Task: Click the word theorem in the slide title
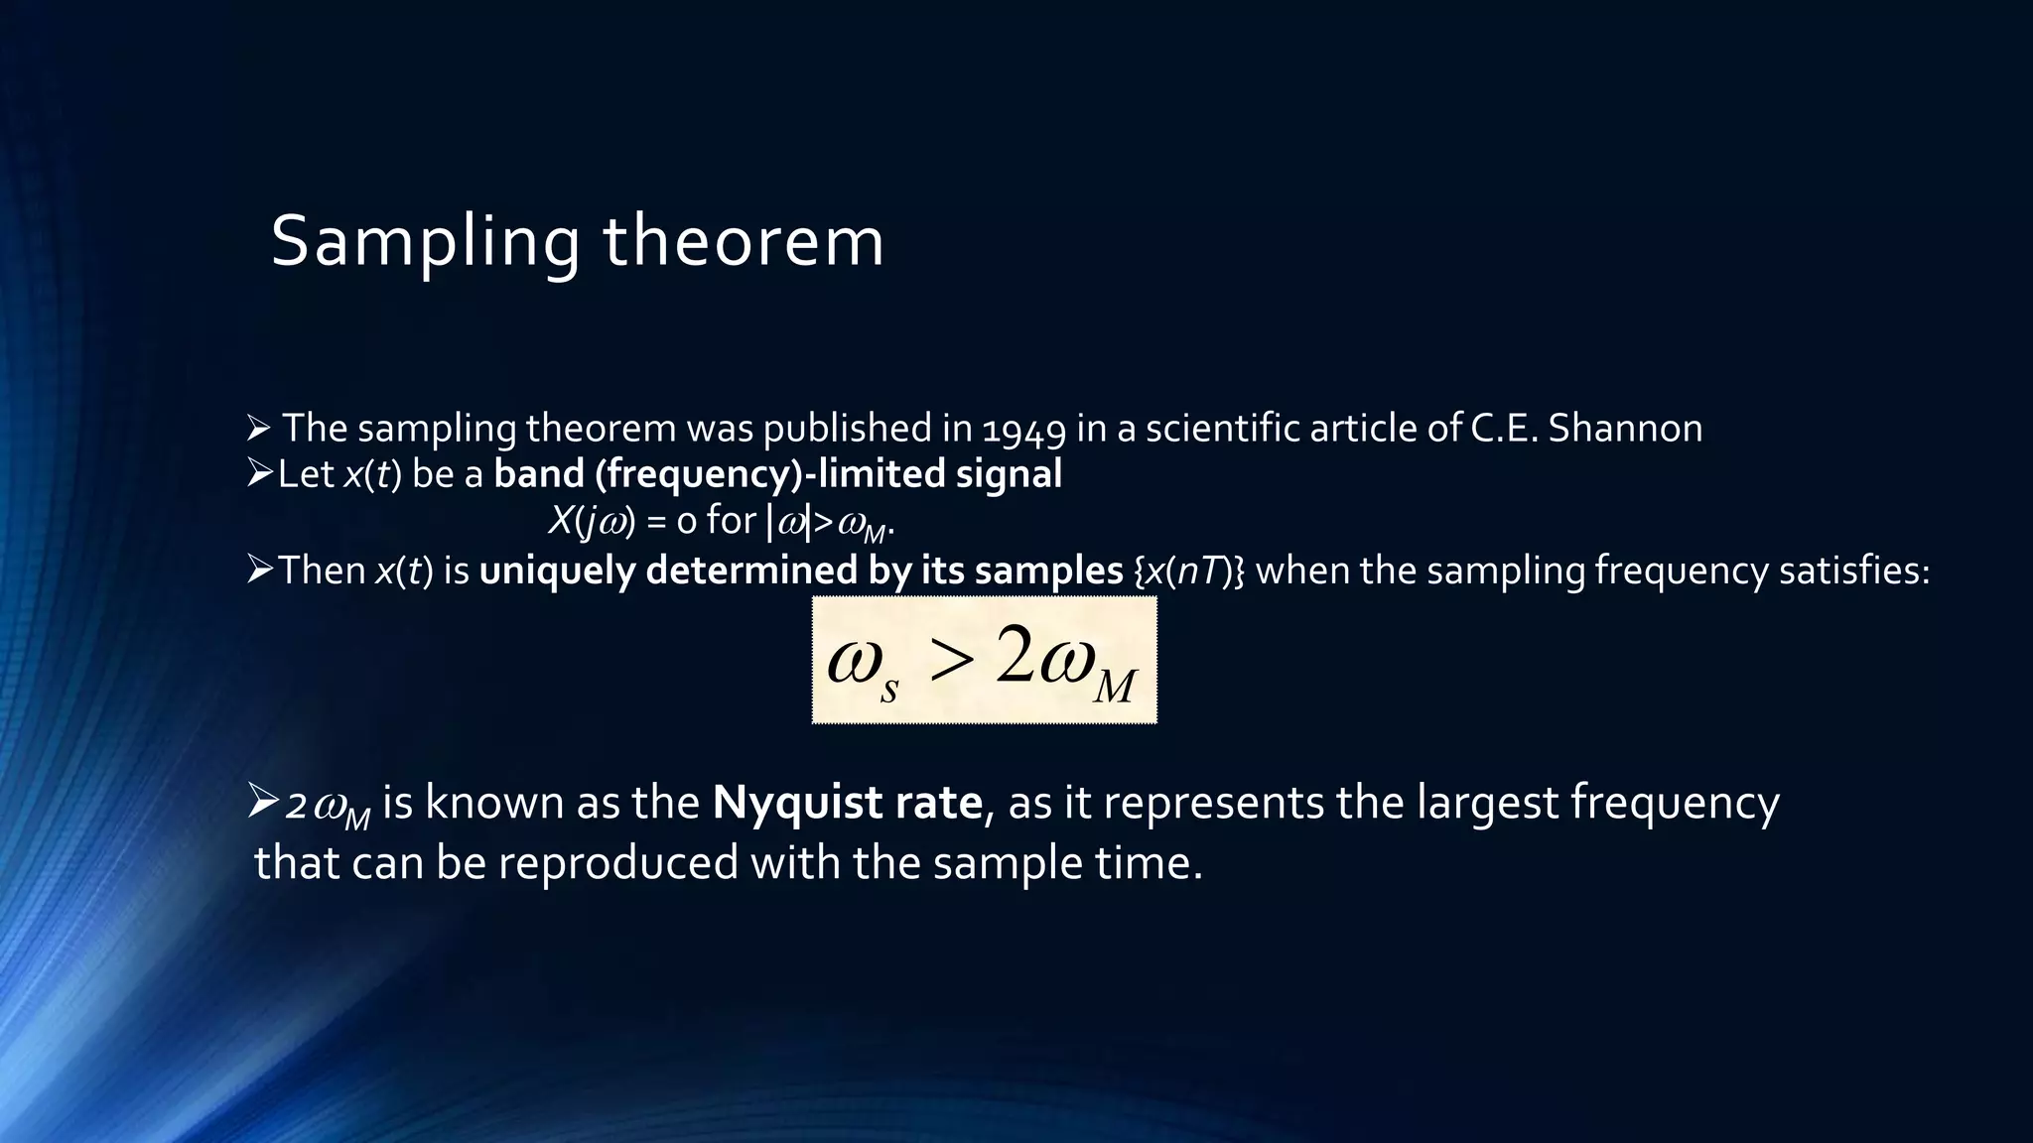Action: [x=744, y=242]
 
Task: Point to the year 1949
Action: [x=1023, y=429]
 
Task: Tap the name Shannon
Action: [x=1625, y=429]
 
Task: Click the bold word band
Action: [x=538, y=474]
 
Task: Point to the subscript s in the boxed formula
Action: [x=888, y=689]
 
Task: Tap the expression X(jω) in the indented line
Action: [x=592, y=521]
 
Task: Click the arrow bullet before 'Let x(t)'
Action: [x=259, y=474]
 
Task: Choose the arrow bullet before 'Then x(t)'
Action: [x=259, y=571]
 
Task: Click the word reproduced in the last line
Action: [x=617, y=862]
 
